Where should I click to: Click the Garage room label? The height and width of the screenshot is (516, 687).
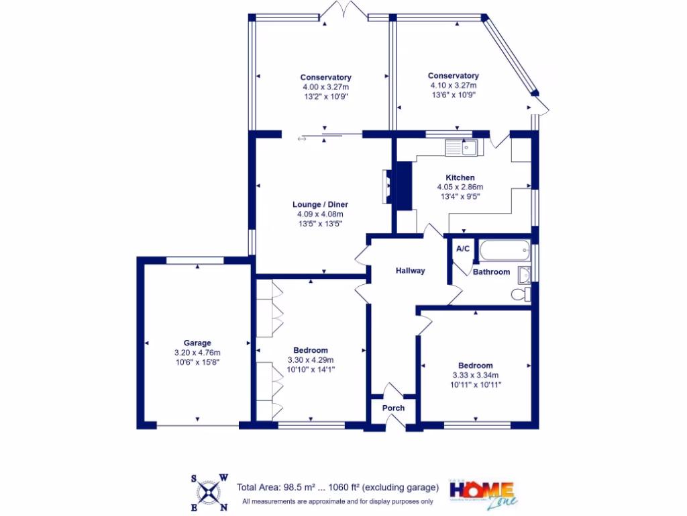(x=197, y=343)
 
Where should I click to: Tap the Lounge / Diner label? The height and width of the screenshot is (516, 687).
(x=320, y=204)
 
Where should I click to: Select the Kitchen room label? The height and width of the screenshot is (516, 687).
(x=460, y=177)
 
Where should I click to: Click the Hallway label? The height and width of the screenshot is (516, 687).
(x=410, y=271)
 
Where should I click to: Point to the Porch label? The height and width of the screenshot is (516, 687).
(x=393, y=408)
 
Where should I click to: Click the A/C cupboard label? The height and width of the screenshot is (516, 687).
(x=462, y=249)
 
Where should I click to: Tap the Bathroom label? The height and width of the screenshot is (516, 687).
(x=491, y=272)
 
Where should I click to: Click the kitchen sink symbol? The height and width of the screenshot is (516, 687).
(x=461, y=147)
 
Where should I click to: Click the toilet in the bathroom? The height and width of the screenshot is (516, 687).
(x=521, y=294)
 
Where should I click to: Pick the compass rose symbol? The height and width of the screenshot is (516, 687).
(x=210, y=492)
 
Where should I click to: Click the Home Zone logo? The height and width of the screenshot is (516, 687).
(x=481, y=493)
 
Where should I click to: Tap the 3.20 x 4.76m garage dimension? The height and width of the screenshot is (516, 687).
(x=197, y=352)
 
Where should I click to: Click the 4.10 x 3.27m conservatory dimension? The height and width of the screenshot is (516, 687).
(x=454, y=85)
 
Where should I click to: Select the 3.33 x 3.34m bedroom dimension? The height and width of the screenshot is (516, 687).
(x=476, y=375)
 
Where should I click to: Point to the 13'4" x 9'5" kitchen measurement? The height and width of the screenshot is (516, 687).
(x=460, y=196)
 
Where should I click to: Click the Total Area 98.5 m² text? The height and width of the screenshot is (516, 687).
(x=338, y=487)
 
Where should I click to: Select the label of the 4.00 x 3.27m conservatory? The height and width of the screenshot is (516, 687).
(x=325, y=77)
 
